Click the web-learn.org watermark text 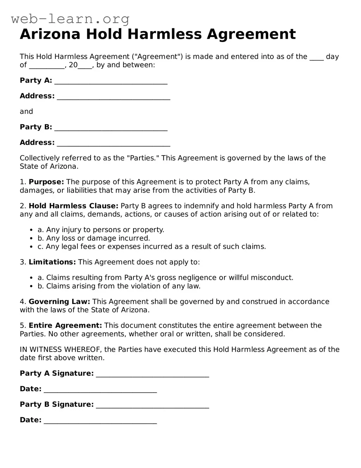pos(70,19)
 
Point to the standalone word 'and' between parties pos(26,111)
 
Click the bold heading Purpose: pos(46,182)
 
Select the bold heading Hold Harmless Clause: pos(73,206)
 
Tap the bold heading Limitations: pos(52,262)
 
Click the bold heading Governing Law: pos(59,302)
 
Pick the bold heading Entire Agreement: pos(65,326)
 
